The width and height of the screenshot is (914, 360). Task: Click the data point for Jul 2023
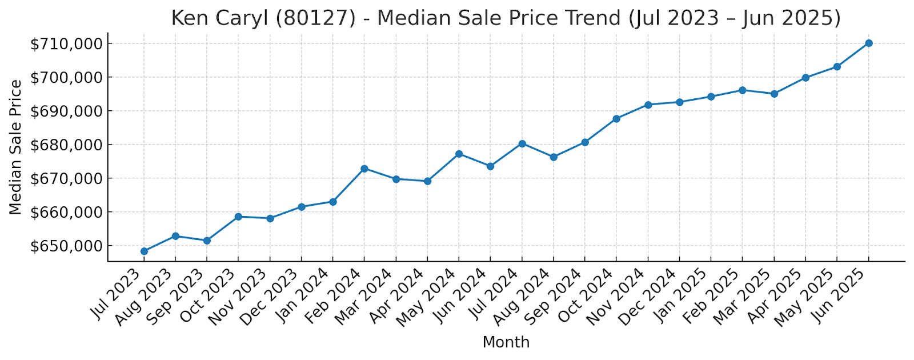tap(144, 251)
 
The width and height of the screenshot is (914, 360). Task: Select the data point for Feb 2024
tap(364, 169)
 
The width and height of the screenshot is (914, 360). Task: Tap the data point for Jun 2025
tap(868, 43)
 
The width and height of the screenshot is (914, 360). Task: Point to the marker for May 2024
tap(459, 154)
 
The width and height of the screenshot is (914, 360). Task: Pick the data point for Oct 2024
tap(616, 119)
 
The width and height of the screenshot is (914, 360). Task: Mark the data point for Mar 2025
tap(774, 94)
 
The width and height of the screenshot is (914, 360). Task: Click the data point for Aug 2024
tap(554, 157)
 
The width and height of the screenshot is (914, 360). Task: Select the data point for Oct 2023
tap(238, 217)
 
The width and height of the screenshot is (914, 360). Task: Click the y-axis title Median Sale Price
tap(16, 147)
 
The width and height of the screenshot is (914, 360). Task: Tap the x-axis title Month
tap(506, 342)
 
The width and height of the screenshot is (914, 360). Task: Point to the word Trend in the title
tap(594, 18)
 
